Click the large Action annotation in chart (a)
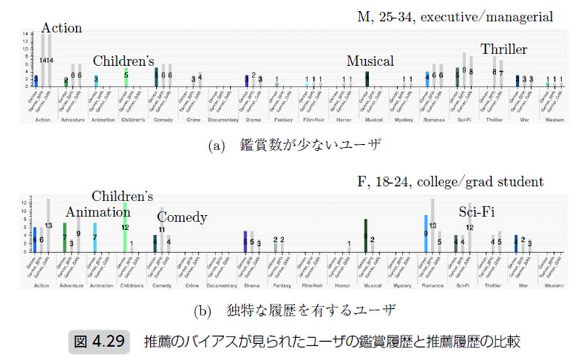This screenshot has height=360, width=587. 61,29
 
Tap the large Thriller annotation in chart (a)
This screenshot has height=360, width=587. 504,49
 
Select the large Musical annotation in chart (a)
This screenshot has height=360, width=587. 370,61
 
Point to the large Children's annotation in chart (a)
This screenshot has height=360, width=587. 123,61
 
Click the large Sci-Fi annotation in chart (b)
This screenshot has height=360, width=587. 477,212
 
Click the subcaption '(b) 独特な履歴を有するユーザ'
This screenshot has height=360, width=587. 294,310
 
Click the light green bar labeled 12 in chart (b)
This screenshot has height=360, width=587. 126,227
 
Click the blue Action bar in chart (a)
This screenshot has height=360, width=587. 35,80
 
